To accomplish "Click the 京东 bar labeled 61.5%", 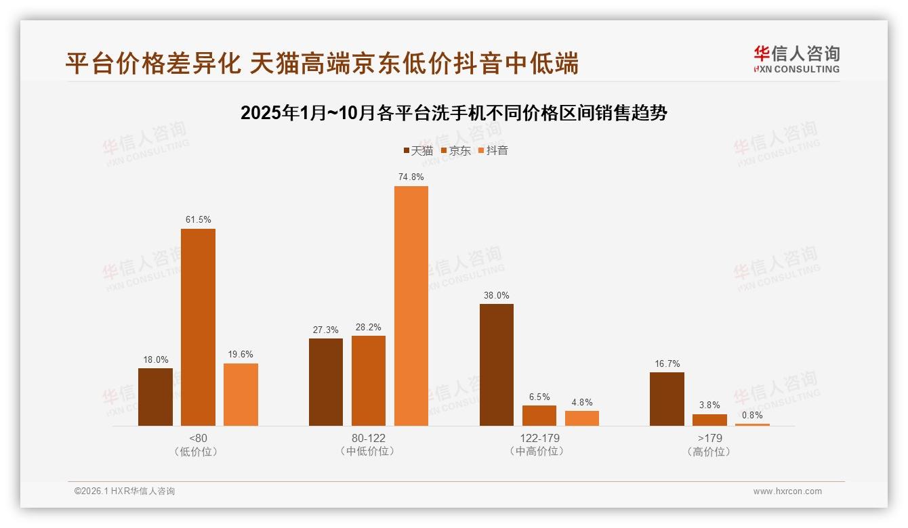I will [x=198, y=327].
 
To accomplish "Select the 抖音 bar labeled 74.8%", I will [x=411, y=306].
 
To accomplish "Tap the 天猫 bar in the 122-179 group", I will [x=497, y=365].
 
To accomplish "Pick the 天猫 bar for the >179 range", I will [x=667, y=399].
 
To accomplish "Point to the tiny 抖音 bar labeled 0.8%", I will [x=752, y=424].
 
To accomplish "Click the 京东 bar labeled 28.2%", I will [x=369, y=380].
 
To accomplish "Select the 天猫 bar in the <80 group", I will [x=155, y=397].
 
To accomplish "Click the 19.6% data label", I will [x=241, y=354].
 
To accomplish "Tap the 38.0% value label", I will [x=497, y=295].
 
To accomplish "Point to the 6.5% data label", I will [x=539, y=397].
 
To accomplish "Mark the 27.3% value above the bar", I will [x=326, y=330].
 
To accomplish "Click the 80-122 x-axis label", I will [x=369, y=438].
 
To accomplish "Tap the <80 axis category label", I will [x=198, y=438].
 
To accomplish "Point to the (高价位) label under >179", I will [x=709, y=452].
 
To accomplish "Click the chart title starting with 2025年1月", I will [x=454, y=113].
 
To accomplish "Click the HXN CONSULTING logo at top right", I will [x=796, y=60].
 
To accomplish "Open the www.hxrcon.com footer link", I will [x=787, y=491].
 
